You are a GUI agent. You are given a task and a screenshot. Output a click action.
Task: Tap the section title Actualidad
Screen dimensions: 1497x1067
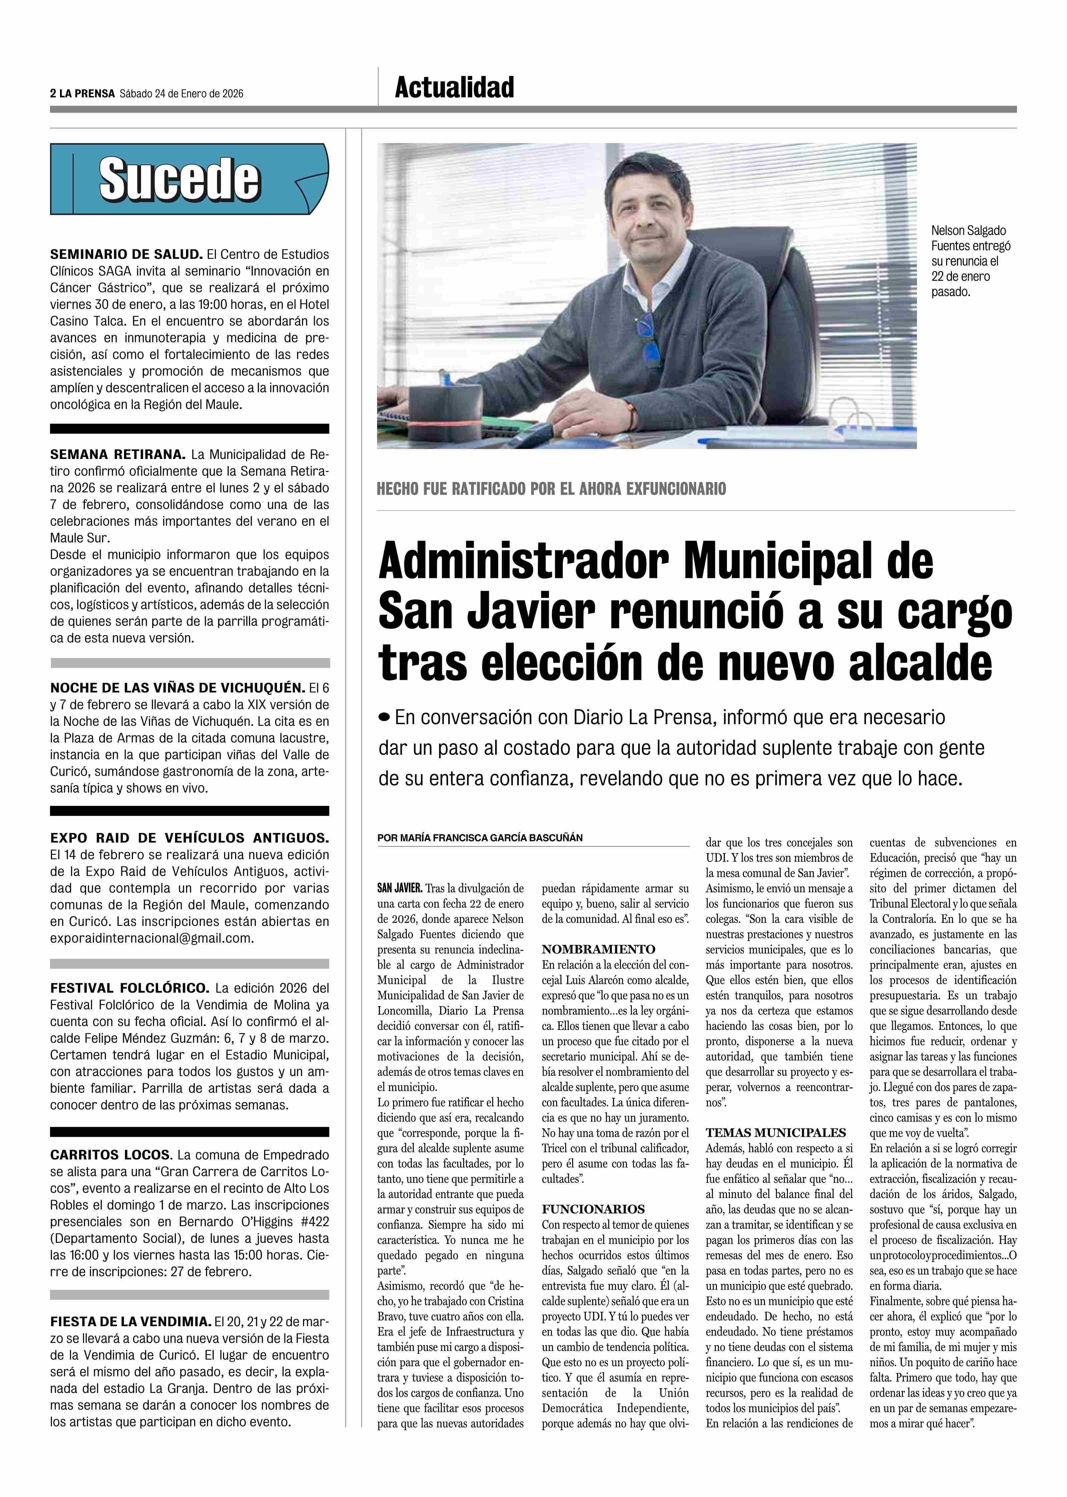[x=454, y=87]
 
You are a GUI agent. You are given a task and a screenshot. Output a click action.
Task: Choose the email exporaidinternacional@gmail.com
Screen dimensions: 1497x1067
[x=151, y=938]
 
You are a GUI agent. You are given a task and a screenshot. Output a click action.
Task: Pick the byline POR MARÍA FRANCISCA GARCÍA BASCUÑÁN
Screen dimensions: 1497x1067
[x=479, y=838]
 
